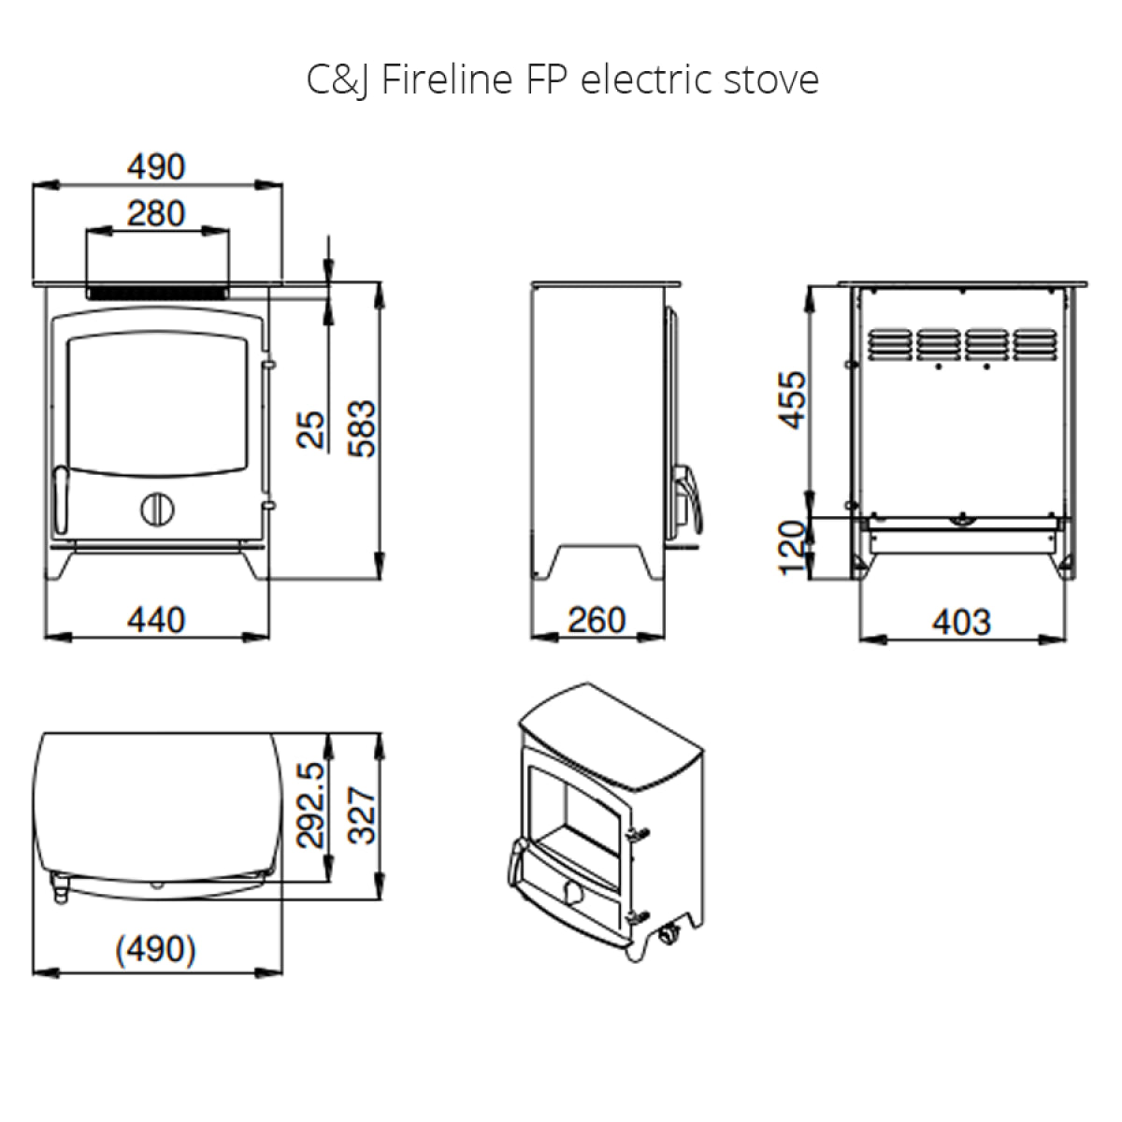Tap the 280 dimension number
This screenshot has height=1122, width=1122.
(x=156, y=214)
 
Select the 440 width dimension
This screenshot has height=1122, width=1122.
(x=156, y=620)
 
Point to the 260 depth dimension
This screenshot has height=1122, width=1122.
(x=597, y=620)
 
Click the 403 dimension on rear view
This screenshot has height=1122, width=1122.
(x=961, y=621)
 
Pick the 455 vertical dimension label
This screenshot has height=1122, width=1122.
(x=792, y=399)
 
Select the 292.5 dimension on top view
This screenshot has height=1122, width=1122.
(x=311, y=805)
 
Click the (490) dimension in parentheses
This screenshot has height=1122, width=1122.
(x=156, y=949)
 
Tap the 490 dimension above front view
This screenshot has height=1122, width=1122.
(x=156, y=166)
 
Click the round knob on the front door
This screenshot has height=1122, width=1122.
(x=157, y=510)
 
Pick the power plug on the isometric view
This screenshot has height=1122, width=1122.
(x=669, y=933)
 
